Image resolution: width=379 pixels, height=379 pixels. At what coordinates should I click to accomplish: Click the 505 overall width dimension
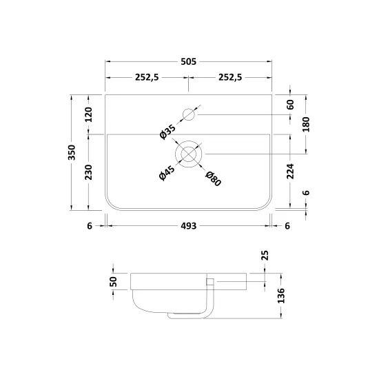(189, 61)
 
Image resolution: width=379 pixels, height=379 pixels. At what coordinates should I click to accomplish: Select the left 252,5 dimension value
(147, 77)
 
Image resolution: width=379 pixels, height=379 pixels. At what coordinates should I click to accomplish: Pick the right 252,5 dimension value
(230, 77)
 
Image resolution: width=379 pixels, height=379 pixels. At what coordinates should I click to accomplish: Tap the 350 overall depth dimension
(72, 152)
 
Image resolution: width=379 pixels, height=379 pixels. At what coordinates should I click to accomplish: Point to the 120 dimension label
(89, 114)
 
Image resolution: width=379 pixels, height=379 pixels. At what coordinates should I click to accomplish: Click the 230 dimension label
(89, 172)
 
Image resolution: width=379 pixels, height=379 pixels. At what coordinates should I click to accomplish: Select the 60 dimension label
(291, 105)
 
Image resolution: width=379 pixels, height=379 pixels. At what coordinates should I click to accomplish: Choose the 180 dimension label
(306, 124)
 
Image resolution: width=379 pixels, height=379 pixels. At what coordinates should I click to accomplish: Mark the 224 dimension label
(290, 172)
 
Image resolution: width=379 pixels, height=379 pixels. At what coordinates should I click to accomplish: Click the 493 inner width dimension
(189, 226)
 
